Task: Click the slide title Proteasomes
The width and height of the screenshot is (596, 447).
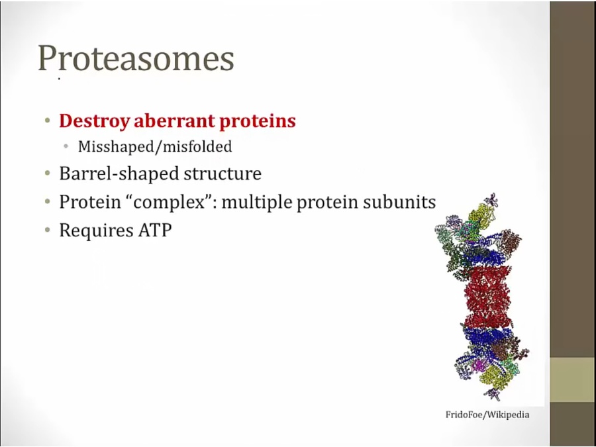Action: [136, 58]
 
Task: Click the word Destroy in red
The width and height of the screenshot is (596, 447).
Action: [94, 121]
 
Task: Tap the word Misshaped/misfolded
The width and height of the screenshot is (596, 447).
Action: [155, 147]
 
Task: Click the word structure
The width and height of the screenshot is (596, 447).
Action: [223, 174]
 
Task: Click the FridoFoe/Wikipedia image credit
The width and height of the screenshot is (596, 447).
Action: [487, 415]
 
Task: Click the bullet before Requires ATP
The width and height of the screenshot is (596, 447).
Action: [47, 230]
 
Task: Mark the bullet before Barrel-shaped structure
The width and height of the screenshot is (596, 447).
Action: [47, 174]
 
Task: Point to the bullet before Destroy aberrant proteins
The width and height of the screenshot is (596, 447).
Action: [47, 121]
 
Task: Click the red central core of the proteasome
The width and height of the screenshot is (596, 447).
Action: [487, 297]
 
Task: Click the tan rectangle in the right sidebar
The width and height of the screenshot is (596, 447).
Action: [573, 379]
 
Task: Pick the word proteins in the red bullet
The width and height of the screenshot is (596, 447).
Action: [258, 121]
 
